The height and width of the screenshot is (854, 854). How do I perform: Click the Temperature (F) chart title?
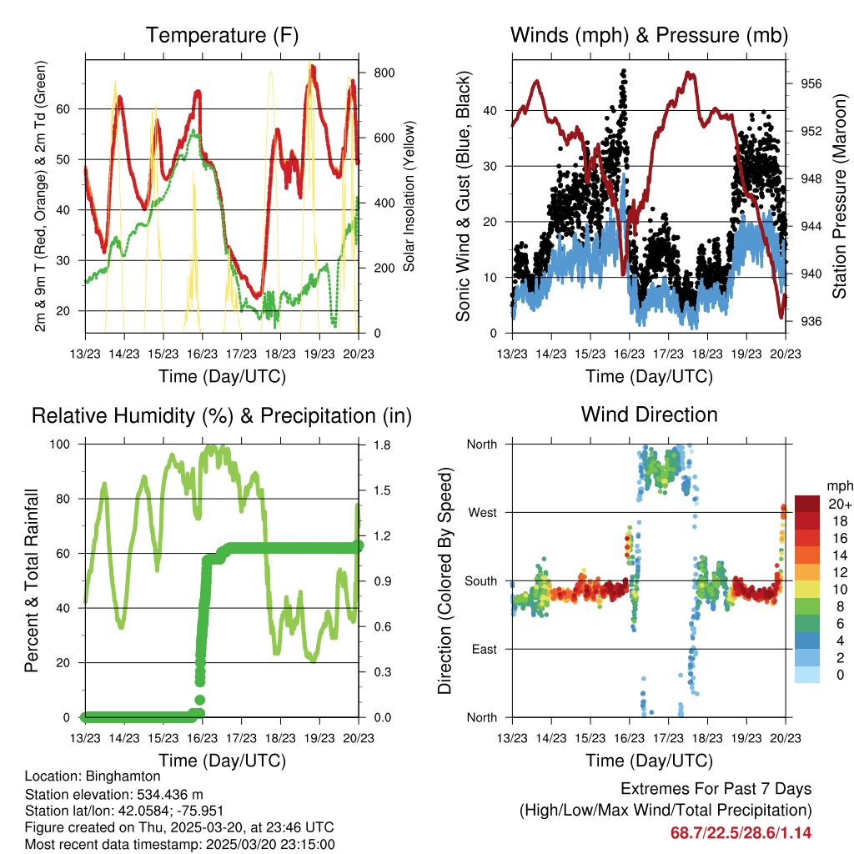pyautogui.click(x=221, y=35)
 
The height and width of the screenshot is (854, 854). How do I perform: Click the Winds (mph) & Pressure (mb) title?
pyautogui.click(x=649, y=35)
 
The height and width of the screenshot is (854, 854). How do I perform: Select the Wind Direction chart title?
pyautogui.click(x=649, y=414)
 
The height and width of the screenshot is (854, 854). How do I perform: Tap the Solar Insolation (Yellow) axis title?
pyautogui.click(x=409, y=196)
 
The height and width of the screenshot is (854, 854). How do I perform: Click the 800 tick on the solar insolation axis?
pyautogui.click(x=384, y=73)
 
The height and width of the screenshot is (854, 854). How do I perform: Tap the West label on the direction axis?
pyautogui.click(x=481, y=512)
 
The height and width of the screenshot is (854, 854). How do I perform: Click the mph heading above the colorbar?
pyautogui.click(x=838, y=485)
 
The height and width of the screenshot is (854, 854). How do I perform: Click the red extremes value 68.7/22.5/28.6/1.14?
pyautogui.click(x=741, y=832)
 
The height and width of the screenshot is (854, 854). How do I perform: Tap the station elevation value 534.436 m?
pyautogui.click(x=156, y=794)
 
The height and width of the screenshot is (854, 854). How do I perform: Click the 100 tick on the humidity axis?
pyautogui.click(x=62, y=445)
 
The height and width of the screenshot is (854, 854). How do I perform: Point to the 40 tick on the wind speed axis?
pyautogui.click(x=490, y=110)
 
